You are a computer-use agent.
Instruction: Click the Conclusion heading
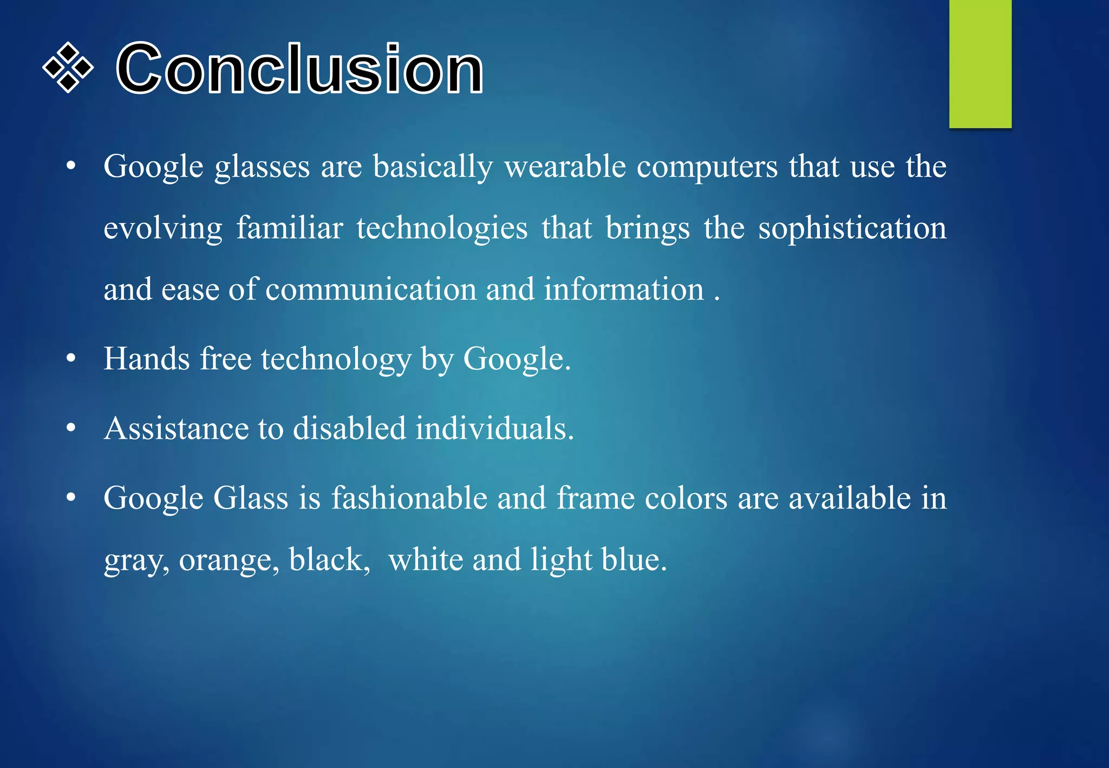[299, 69]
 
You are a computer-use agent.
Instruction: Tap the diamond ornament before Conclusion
[68, 68]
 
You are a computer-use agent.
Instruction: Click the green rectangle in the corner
[980, 64]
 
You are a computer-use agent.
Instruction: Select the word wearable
[565, 166]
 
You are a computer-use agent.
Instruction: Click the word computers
[707, 167]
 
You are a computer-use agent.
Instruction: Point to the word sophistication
[852, 229]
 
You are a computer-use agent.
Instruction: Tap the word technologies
[442, 229]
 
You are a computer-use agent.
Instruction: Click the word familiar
[290, 227]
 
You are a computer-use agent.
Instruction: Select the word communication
[370, 289]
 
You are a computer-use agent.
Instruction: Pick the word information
[624, 289]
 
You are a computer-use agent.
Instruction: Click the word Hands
[147, 359]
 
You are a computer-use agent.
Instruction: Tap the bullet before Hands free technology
[71, 359]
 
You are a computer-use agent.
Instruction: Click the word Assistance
[177, 428]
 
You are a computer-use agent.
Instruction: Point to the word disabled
[349, 428]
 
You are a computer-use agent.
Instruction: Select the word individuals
[494, 428]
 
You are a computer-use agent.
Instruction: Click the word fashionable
[409, 498]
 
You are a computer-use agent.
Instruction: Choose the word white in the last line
[426, 559]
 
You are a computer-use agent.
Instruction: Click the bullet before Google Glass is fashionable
[71, 498]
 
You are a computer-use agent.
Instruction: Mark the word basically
[433, 167]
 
